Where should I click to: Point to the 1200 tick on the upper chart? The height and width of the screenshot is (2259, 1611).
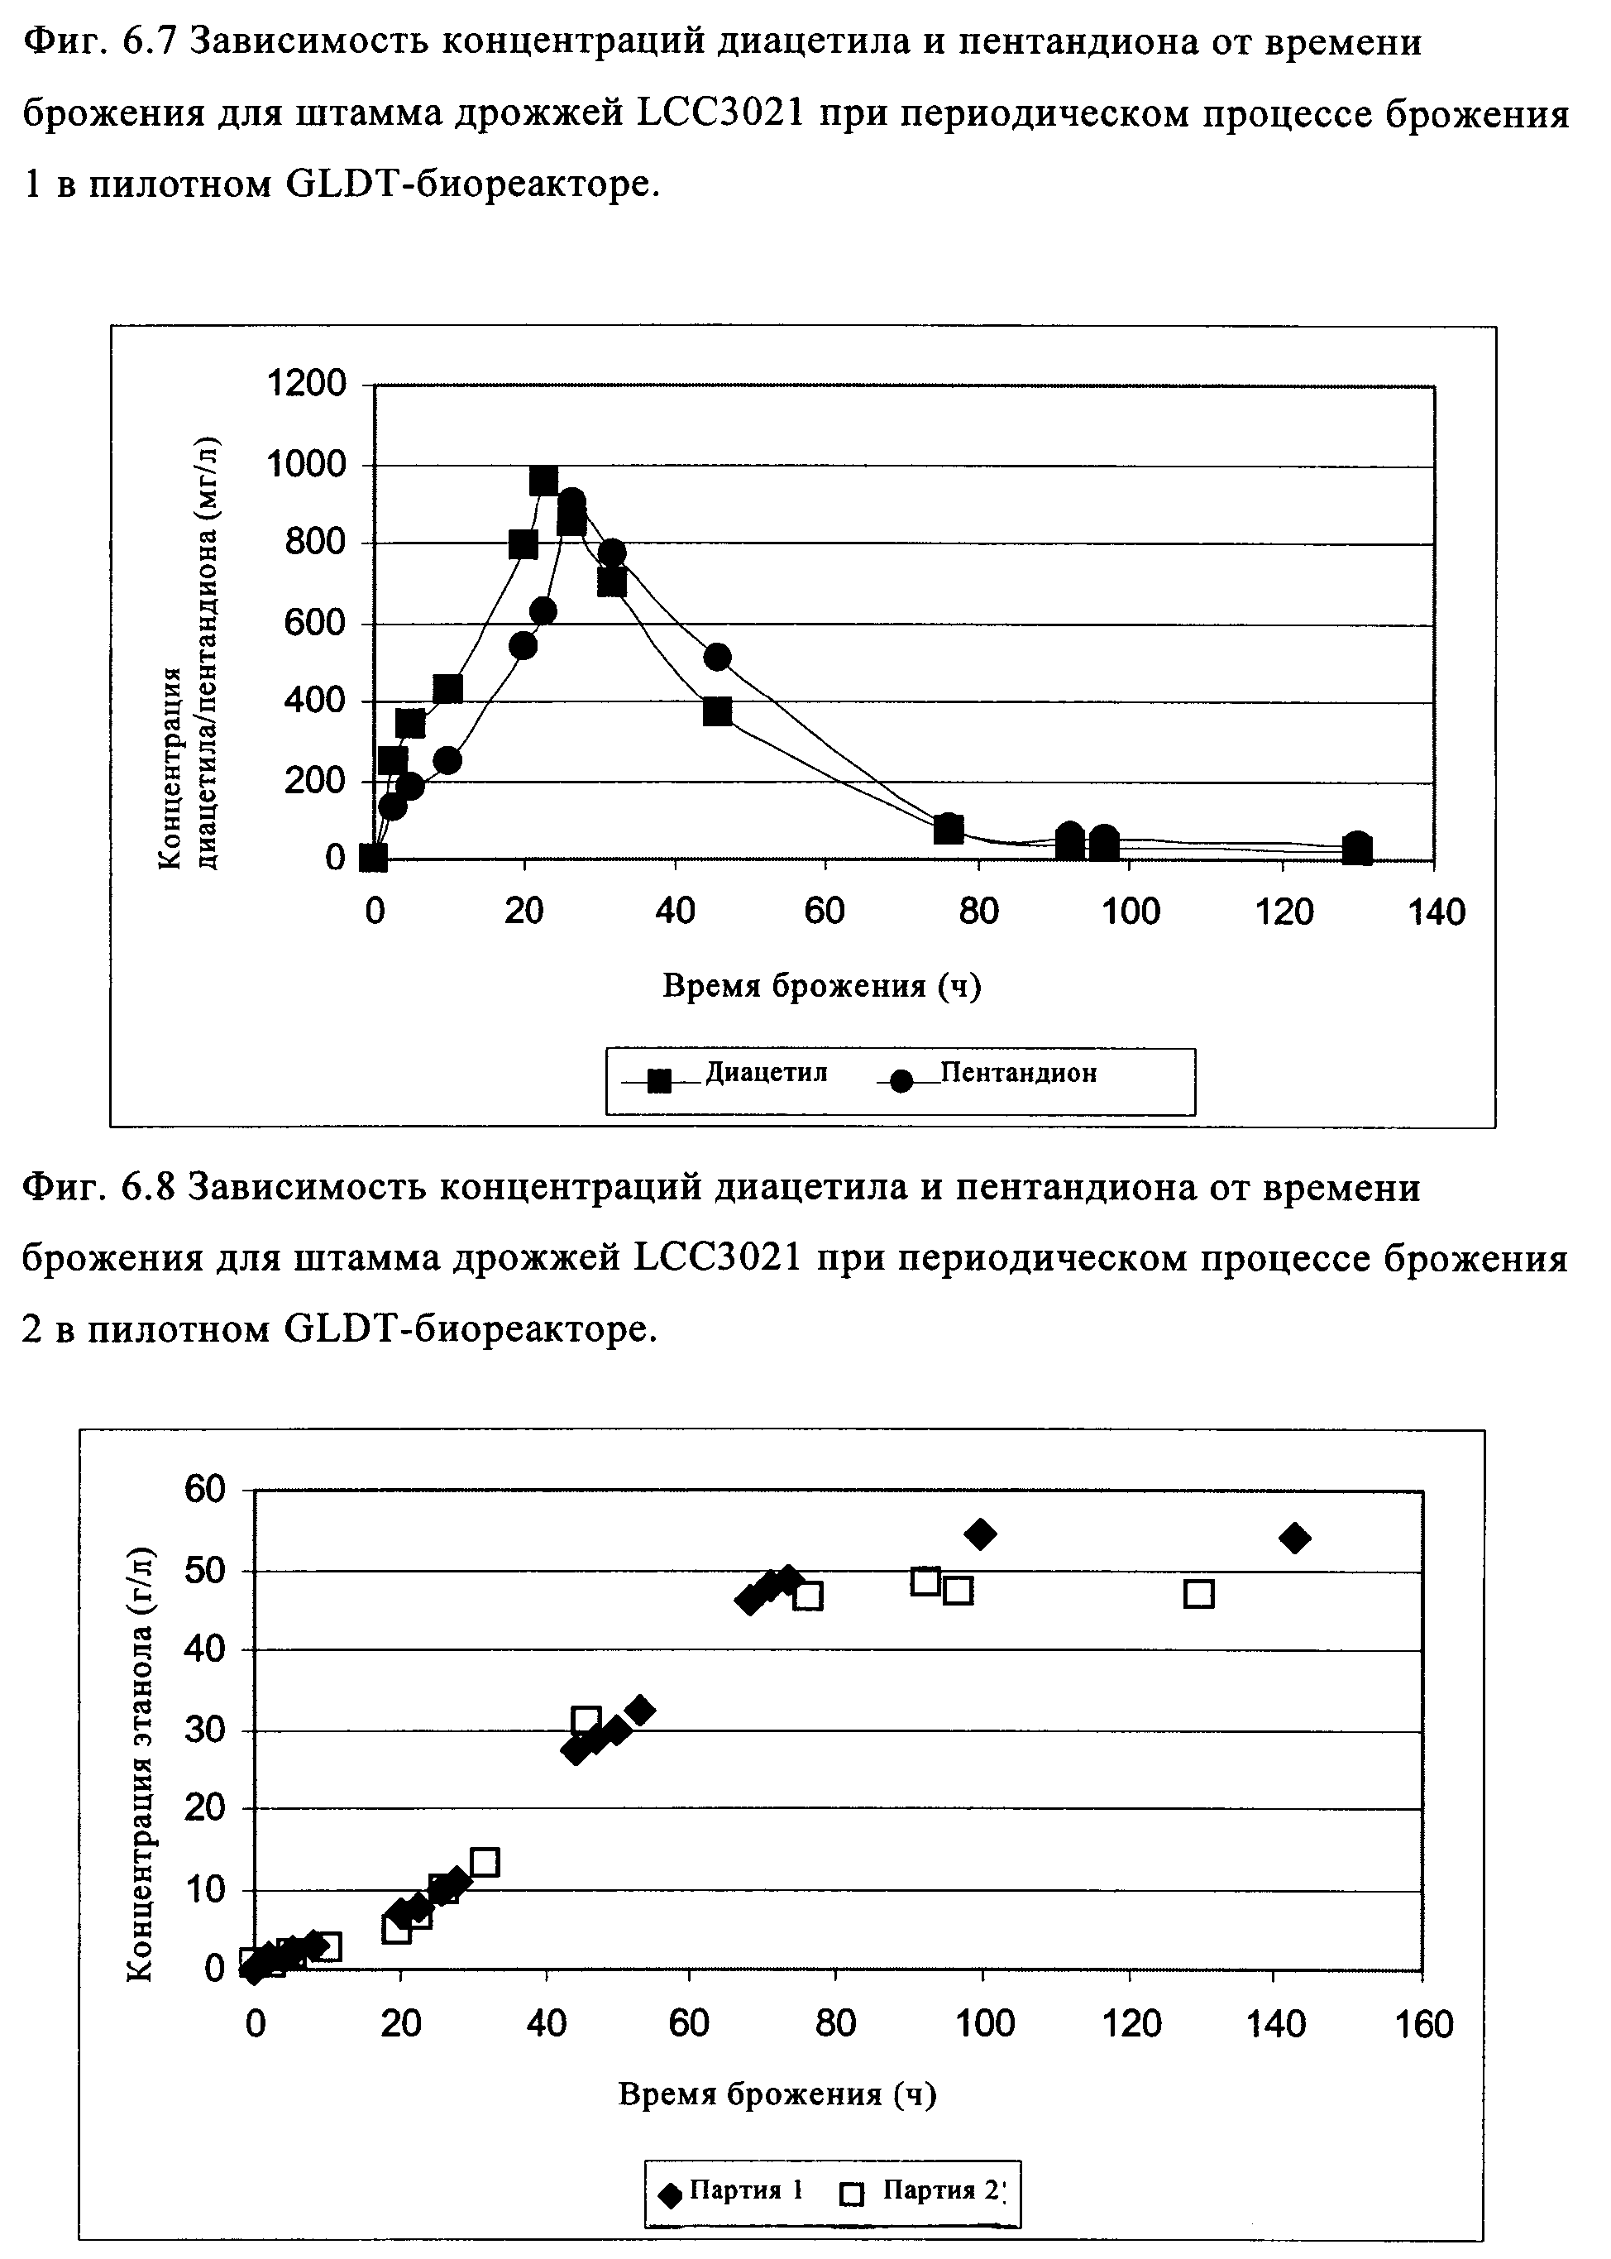307,383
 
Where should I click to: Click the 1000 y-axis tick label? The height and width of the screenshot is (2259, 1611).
307,463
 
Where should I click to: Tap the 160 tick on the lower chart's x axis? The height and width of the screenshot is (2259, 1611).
1423,2024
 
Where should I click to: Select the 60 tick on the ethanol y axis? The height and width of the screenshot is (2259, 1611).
204,1489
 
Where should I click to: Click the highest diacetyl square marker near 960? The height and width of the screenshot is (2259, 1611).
543,481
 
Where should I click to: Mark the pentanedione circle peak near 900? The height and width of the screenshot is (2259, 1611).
572,502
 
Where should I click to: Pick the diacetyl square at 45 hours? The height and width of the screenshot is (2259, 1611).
717,711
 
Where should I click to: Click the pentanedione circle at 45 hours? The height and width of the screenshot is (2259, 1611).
717,657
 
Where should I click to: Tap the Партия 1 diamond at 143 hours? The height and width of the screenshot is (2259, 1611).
1294,1538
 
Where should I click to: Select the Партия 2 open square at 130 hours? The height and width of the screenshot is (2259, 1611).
1199,1594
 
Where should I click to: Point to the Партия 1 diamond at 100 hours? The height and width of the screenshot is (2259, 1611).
980,1534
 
